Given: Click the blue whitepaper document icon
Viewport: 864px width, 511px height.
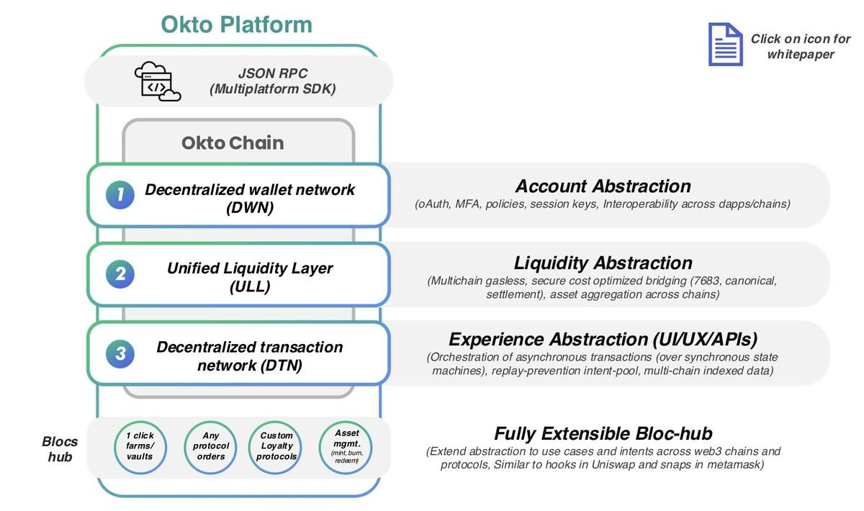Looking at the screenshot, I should tap(725, 45).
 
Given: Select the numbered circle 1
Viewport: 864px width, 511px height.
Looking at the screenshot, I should tap(120, 194).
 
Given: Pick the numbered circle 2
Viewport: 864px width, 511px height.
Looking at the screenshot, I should tap(120, 274).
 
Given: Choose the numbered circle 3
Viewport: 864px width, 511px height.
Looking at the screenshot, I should tap(120, 353).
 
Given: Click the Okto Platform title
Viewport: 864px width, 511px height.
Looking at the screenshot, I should tap(236, 24).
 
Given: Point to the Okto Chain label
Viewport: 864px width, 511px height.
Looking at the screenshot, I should tap(233, 143).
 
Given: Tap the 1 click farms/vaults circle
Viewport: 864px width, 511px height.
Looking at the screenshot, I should tap(140, 446).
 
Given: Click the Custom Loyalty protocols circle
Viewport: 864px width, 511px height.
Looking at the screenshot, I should tap(276, 446).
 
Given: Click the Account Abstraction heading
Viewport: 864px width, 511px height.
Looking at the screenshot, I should tap(603, 186).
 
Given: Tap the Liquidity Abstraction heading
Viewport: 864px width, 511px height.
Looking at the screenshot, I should tap(603, 263).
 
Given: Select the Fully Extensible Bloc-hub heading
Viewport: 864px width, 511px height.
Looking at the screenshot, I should tap(603, 433).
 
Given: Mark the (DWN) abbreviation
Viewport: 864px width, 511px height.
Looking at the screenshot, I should tap(250, 207).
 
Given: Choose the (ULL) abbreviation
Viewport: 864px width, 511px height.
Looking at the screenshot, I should tap(250, 286).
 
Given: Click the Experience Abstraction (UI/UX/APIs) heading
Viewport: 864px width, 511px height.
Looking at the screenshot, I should tap(603, 339).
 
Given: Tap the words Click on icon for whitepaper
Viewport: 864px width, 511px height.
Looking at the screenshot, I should tap(800, 46).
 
